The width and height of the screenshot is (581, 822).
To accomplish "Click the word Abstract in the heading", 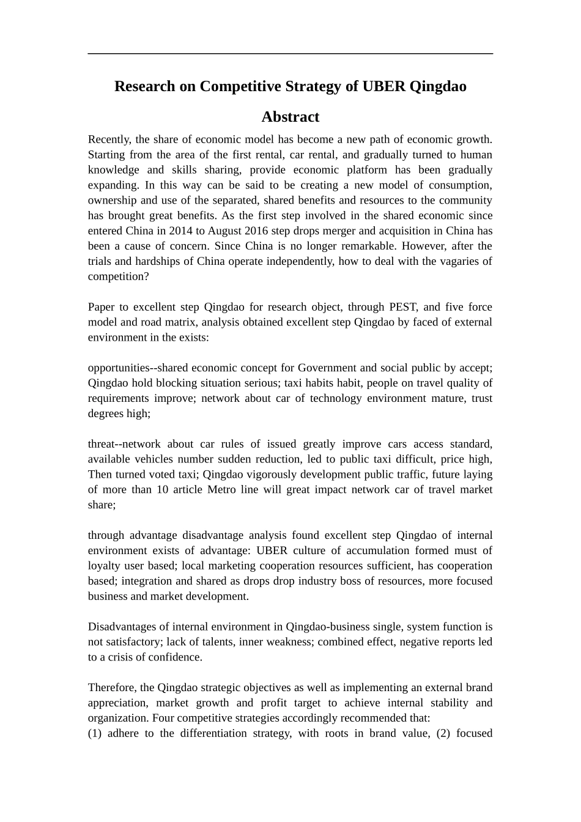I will (290, 117).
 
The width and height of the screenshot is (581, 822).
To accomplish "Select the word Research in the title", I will (145, 86).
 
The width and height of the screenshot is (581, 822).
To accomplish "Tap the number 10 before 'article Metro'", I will (162, 489).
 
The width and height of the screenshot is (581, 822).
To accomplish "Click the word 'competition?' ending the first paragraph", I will (118, 276).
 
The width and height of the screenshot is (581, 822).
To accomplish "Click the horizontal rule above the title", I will (290, 54).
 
